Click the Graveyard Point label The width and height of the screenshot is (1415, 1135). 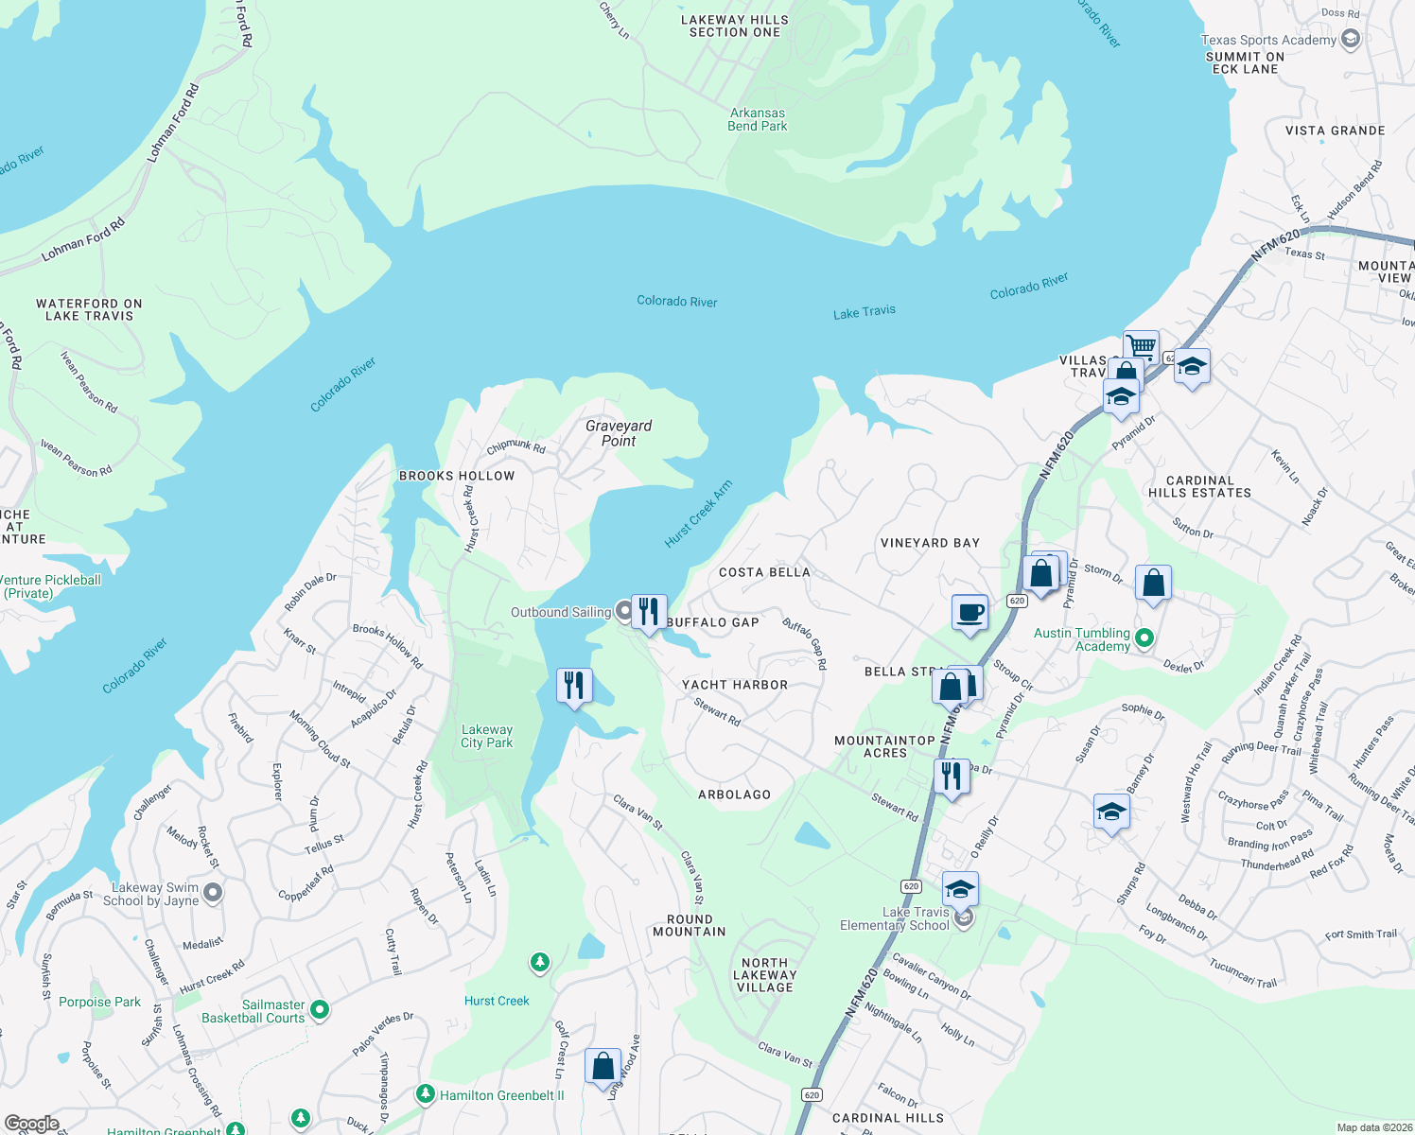(x=619, y=433)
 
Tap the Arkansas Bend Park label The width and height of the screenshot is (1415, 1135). (x=758, y=119)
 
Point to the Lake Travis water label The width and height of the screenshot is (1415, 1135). (x=864, y=312)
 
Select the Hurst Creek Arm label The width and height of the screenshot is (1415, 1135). (x=698, y=515)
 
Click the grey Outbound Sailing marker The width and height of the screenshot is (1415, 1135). (x=624, y=612)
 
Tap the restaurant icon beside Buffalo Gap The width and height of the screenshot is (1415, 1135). (x=649, y=611)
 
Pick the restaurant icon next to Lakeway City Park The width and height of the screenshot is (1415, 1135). (x=574, y=685)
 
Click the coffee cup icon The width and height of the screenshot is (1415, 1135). (x=970, y=612)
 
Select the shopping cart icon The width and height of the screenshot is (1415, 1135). (x=1142, y=346)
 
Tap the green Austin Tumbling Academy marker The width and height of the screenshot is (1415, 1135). (x=1144, y=638)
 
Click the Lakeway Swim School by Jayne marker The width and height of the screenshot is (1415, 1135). (x=214, y=892)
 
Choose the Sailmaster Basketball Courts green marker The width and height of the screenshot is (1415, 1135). (x=320, y=1010)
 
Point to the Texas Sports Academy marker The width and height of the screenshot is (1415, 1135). (x=1351, y=39)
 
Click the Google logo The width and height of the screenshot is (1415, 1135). (x=32, y=1123)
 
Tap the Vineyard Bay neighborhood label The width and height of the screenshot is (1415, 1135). (x=930, y=543)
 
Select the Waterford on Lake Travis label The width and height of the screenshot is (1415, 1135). (x=89, y=309)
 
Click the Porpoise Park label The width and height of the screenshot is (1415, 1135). (x=99, y=1002)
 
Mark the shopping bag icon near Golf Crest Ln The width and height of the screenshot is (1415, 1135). (x=603, y=1067)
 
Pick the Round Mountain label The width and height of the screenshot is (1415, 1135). (x=690, y=925)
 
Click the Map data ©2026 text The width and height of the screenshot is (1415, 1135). (x=1373, y=1126)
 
